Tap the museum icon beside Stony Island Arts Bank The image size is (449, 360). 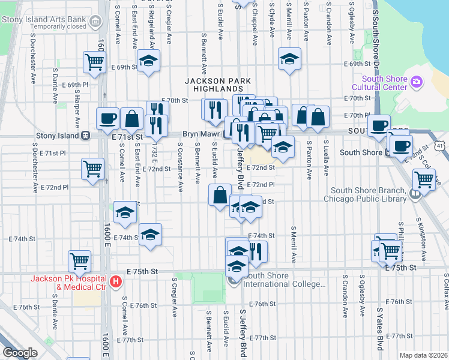click(95, 22)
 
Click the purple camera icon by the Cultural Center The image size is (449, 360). click(417, 82)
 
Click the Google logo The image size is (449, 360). click(20, 353)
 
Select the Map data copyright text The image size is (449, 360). click(424, 355)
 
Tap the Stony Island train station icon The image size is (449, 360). click(86, 136)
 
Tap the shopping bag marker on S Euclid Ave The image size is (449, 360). click(220, 194)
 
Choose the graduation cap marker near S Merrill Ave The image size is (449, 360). click(289, 59)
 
